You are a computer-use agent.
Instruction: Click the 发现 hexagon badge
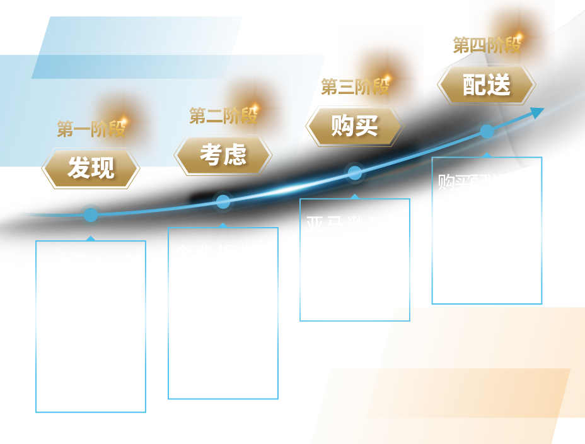(91, 168)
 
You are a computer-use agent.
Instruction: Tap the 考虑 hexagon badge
(223, 155)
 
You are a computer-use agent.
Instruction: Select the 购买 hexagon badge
(354, 126)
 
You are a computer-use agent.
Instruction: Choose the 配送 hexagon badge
(486, 85)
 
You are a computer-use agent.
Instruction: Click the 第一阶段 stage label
(91, 129)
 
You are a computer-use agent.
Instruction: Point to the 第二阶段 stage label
(223, 115)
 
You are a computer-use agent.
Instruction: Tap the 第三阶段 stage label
(355, 86)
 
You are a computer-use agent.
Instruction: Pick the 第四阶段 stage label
(487, 45)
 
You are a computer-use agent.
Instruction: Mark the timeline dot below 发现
(91, 214)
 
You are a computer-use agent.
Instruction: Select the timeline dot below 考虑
(223, 202)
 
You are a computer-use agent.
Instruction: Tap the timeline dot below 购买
(355, 172)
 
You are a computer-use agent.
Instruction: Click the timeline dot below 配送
(487, 132)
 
